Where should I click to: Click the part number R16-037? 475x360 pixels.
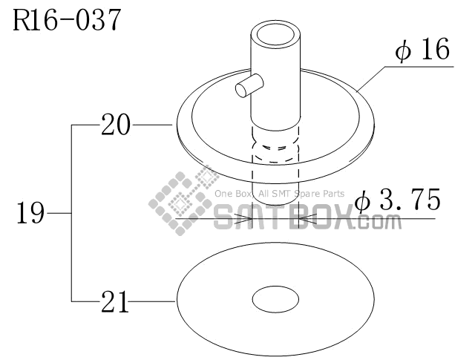click(65, 21)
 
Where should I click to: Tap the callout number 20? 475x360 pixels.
click(116, 125)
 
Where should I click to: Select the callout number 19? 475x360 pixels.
click(30, 215)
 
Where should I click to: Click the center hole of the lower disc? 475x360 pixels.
click(275, 301)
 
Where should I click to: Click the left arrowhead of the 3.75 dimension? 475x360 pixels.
click(244, 219)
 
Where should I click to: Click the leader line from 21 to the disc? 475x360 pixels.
click(153, 301)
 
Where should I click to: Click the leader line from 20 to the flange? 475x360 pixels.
click(153, 125)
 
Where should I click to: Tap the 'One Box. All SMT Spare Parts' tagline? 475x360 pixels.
click(280, 194)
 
